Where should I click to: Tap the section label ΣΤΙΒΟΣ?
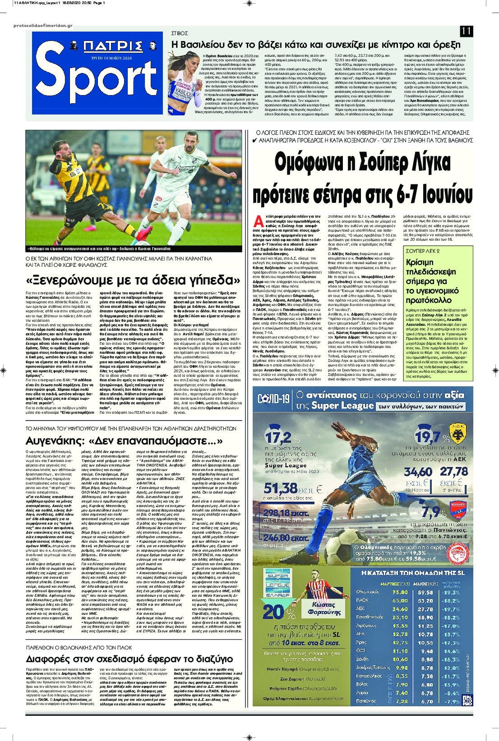[180, 33]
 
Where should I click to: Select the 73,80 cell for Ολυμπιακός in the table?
[400, 592]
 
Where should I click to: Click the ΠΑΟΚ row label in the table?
[362, 600]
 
